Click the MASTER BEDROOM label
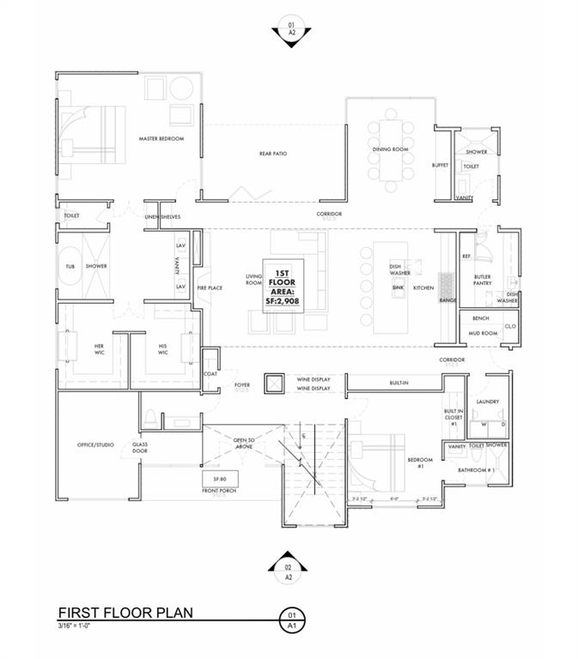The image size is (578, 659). pyautogui.click(x=162, y=138)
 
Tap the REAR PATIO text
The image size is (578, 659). pyautogui.click(x=273, y=154)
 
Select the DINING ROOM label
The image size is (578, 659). pyautogui.click(x=390, y=149)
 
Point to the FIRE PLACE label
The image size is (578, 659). pyautogui.click(x=210, y=287)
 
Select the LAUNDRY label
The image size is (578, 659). pyautogui.click(x=488, y=401)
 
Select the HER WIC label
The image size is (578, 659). pyautogui.click(x=99, y=349)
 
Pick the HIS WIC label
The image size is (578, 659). pyautogui.click(x=162, y=349)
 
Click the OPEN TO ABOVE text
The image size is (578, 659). pyautogui.click(x=245, y=442)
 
